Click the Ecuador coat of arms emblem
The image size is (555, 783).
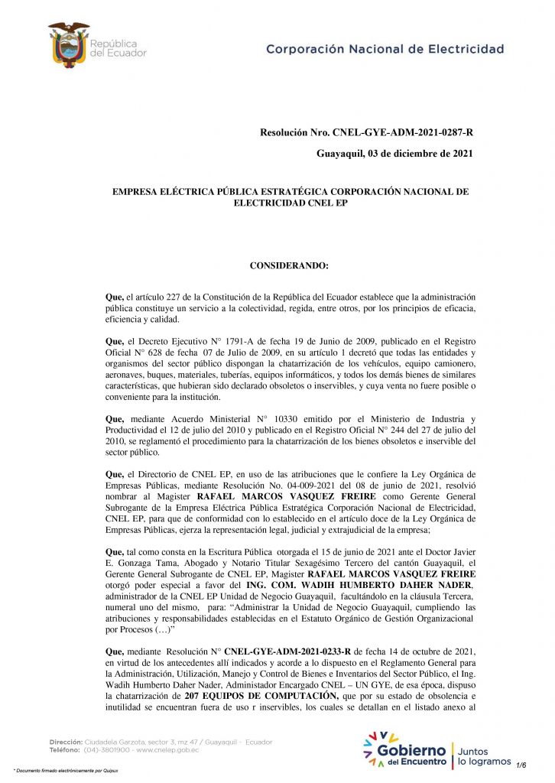tap(69, 44)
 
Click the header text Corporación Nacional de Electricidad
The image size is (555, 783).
tap(385, 49)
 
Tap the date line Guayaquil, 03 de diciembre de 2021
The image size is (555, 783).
tap(394, 154)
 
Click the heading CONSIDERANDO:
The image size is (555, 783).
tap(289, 265)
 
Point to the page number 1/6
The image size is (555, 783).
tap(522, 764)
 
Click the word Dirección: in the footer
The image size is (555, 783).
tap(66, 742)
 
